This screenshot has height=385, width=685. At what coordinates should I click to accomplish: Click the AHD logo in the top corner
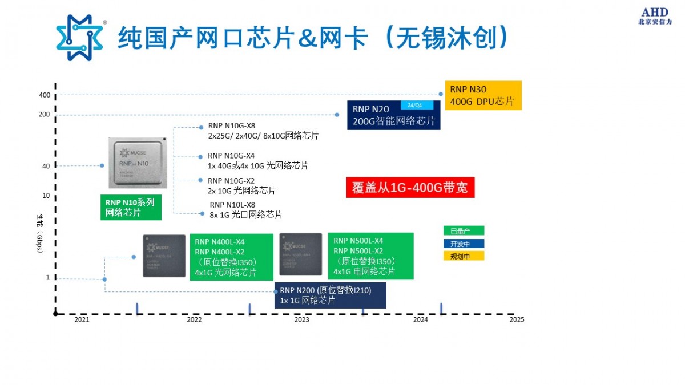pyautogui.click(x=655, y=16)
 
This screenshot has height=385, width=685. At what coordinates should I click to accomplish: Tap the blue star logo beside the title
pyautogui.click(x=80, y=38)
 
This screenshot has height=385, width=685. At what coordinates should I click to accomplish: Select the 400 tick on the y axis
pyautogui.click(x=45, y=95)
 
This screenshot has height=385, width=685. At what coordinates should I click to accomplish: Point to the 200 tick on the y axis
pyautogui.click(x=45, y=114)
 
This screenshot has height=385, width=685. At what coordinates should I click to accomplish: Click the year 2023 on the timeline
pyautogui.click(x=301, y=320)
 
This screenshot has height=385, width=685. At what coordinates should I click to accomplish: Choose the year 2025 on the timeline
pyautogui.click(x=516, y=320)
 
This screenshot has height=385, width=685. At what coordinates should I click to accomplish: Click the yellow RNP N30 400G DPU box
pyautogui.click(x=483, y=95)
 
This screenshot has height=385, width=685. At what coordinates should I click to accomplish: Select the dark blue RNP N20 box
pyautogui.click(x=394, y=115)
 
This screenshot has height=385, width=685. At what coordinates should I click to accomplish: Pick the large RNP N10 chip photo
pyautogui.click(x=137, y=162)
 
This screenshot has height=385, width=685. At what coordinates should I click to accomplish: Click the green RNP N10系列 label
pyautogui.click(x=130, y=208)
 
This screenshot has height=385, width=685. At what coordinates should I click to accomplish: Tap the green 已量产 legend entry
pyautogui.click(x=464, y=231)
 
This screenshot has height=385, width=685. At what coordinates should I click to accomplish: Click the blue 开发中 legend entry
pyautogui.click(x=464, y=244)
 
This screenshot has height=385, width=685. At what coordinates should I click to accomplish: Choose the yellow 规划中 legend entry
pyautogui.click(x=464, y=256)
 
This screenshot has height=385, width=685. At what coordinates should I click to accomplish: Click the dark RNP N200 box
pyautogui.click(x=330, y=295)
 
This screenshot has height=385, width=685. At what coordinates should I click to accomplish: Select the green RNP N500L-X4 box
pyautogui.click(x=370, y=256)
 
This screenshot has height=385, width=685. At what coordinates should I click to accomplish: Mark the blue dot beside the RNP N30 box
pyautogui.click(x=441, y=94)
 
